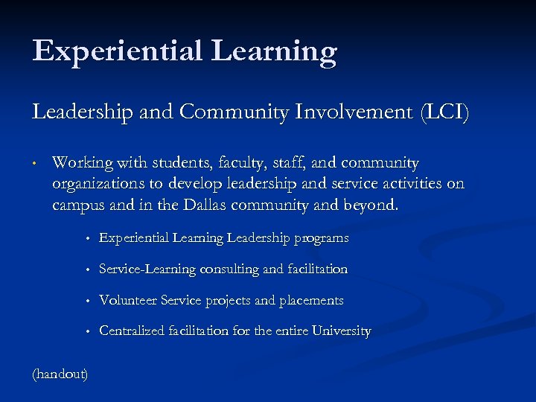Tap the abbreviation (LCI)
coord(445,113)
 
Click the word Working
coord(83,163)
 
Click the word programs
coord(321,238)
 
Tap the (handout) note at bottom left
coord(60,373)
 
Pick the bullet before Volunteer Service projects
coord(87,301)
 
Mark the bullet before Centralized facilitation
coord(87,332)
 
